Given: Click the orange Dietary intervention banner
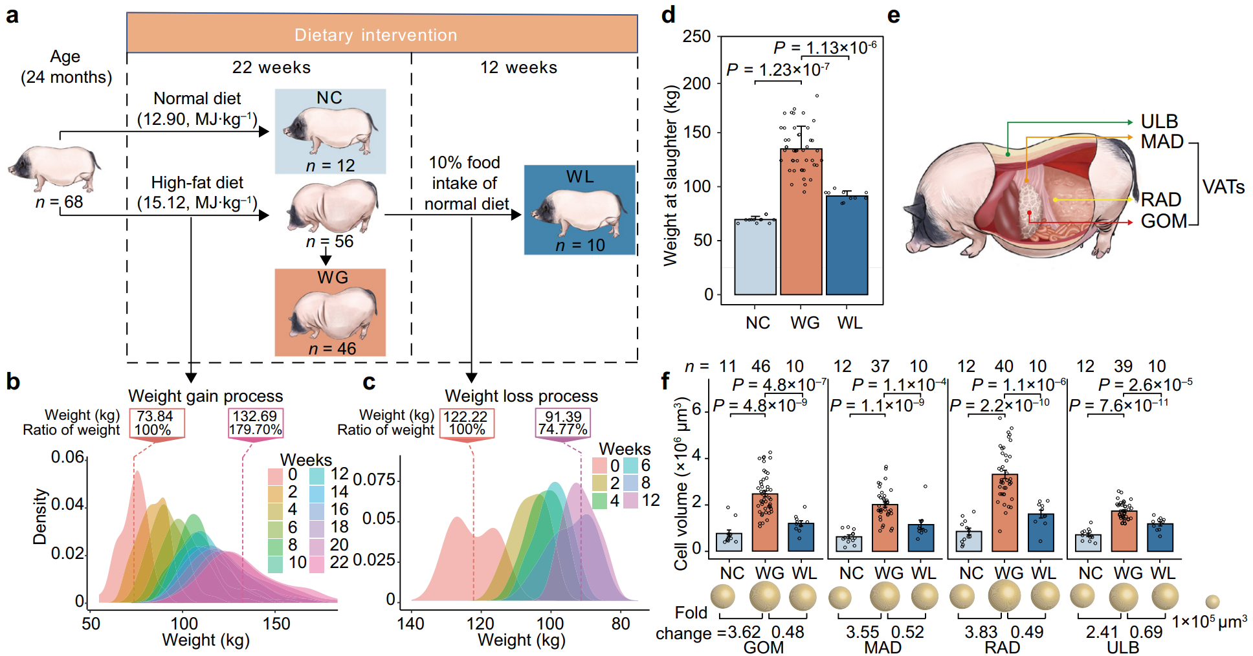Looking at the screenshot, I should [382, 34].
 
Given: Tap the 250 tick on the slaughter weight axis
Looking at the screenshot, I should [696, 37].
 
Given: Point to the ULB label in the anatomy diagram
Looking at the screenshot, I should [1159, 122].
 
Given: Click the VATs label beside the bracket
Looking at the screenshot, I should [1223, 187].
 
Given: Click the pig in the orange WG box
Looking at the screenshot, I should [331, 314].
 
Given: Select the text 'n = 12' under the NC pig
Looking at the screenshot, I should [330, 166].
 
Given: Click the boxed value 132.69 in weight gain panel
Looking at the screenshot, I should [255, 416].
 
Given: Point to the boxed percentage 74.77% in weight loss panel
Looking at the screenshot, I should [562, 430].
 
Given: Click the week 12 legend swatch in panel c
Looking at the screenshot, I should [630, 500].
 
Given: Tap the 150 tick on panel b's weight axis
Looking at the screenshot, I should [276, 624].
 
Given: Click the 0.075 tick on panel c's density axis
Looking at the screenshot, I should [374, 480].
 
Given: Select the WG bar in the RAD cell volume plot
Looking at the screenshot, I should [1004, 512].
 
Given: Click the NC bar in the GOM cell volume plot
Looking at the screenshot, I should [729, 542].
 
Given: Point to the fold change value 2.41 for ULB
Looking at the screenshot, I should [1101, 632].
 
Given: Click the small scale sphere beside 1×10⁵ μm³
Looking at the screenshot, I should [1212, 602].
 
